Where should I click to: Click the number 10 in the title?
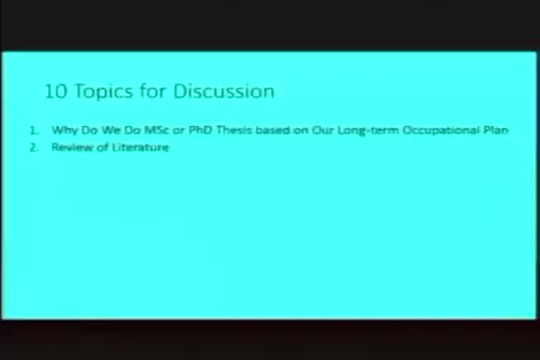55,91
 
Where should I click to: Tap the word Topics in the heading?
103,92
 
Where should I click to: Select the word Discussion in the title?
223,91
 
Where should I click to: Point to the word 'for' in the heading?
153,91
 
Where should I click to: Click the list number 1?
34,130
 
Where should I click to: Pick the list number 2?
34,148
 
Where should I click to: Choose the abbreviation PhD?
200,130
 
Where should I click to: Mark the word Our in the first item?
323,130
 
